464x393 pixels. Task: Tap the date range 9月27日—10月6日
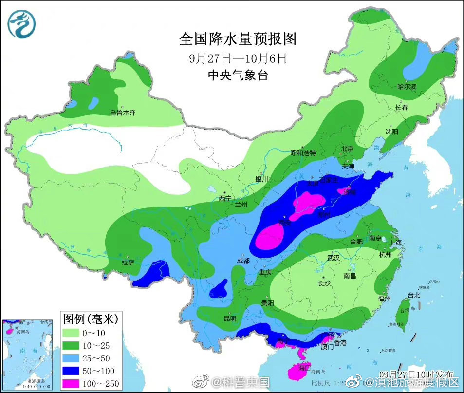[x=238, y=58]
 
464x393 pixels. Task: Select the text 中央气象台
[x=238, y=75]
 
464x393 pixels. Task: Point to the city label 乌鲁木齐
[x=123, y=112]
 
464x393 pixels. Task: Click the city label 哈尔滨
[x=407, y=87]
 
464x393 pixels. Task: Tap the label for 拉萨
[x=128, y=263]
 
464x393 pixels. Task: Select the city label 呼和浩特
[x=303, y=153]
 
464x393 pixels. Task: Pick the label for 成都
[x=242, y=261]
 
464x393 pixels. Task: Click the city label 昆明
[x=229, y=318]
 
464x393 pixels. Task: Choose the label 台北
[x=413, y=295]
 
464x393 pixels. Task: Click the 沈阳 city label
[x=391, y=132]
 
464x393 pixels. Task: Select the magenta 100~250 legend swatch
[x=74, y=383]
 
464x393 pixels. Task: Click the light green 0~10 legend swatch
[x=74, y=333]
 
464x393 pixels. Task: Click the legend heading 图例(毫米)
[x=91, y=319]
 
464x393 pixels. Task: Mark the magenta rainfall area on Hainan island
[x=298, y=372]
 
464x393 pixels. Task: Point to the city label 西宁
[x=225, y=198]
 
